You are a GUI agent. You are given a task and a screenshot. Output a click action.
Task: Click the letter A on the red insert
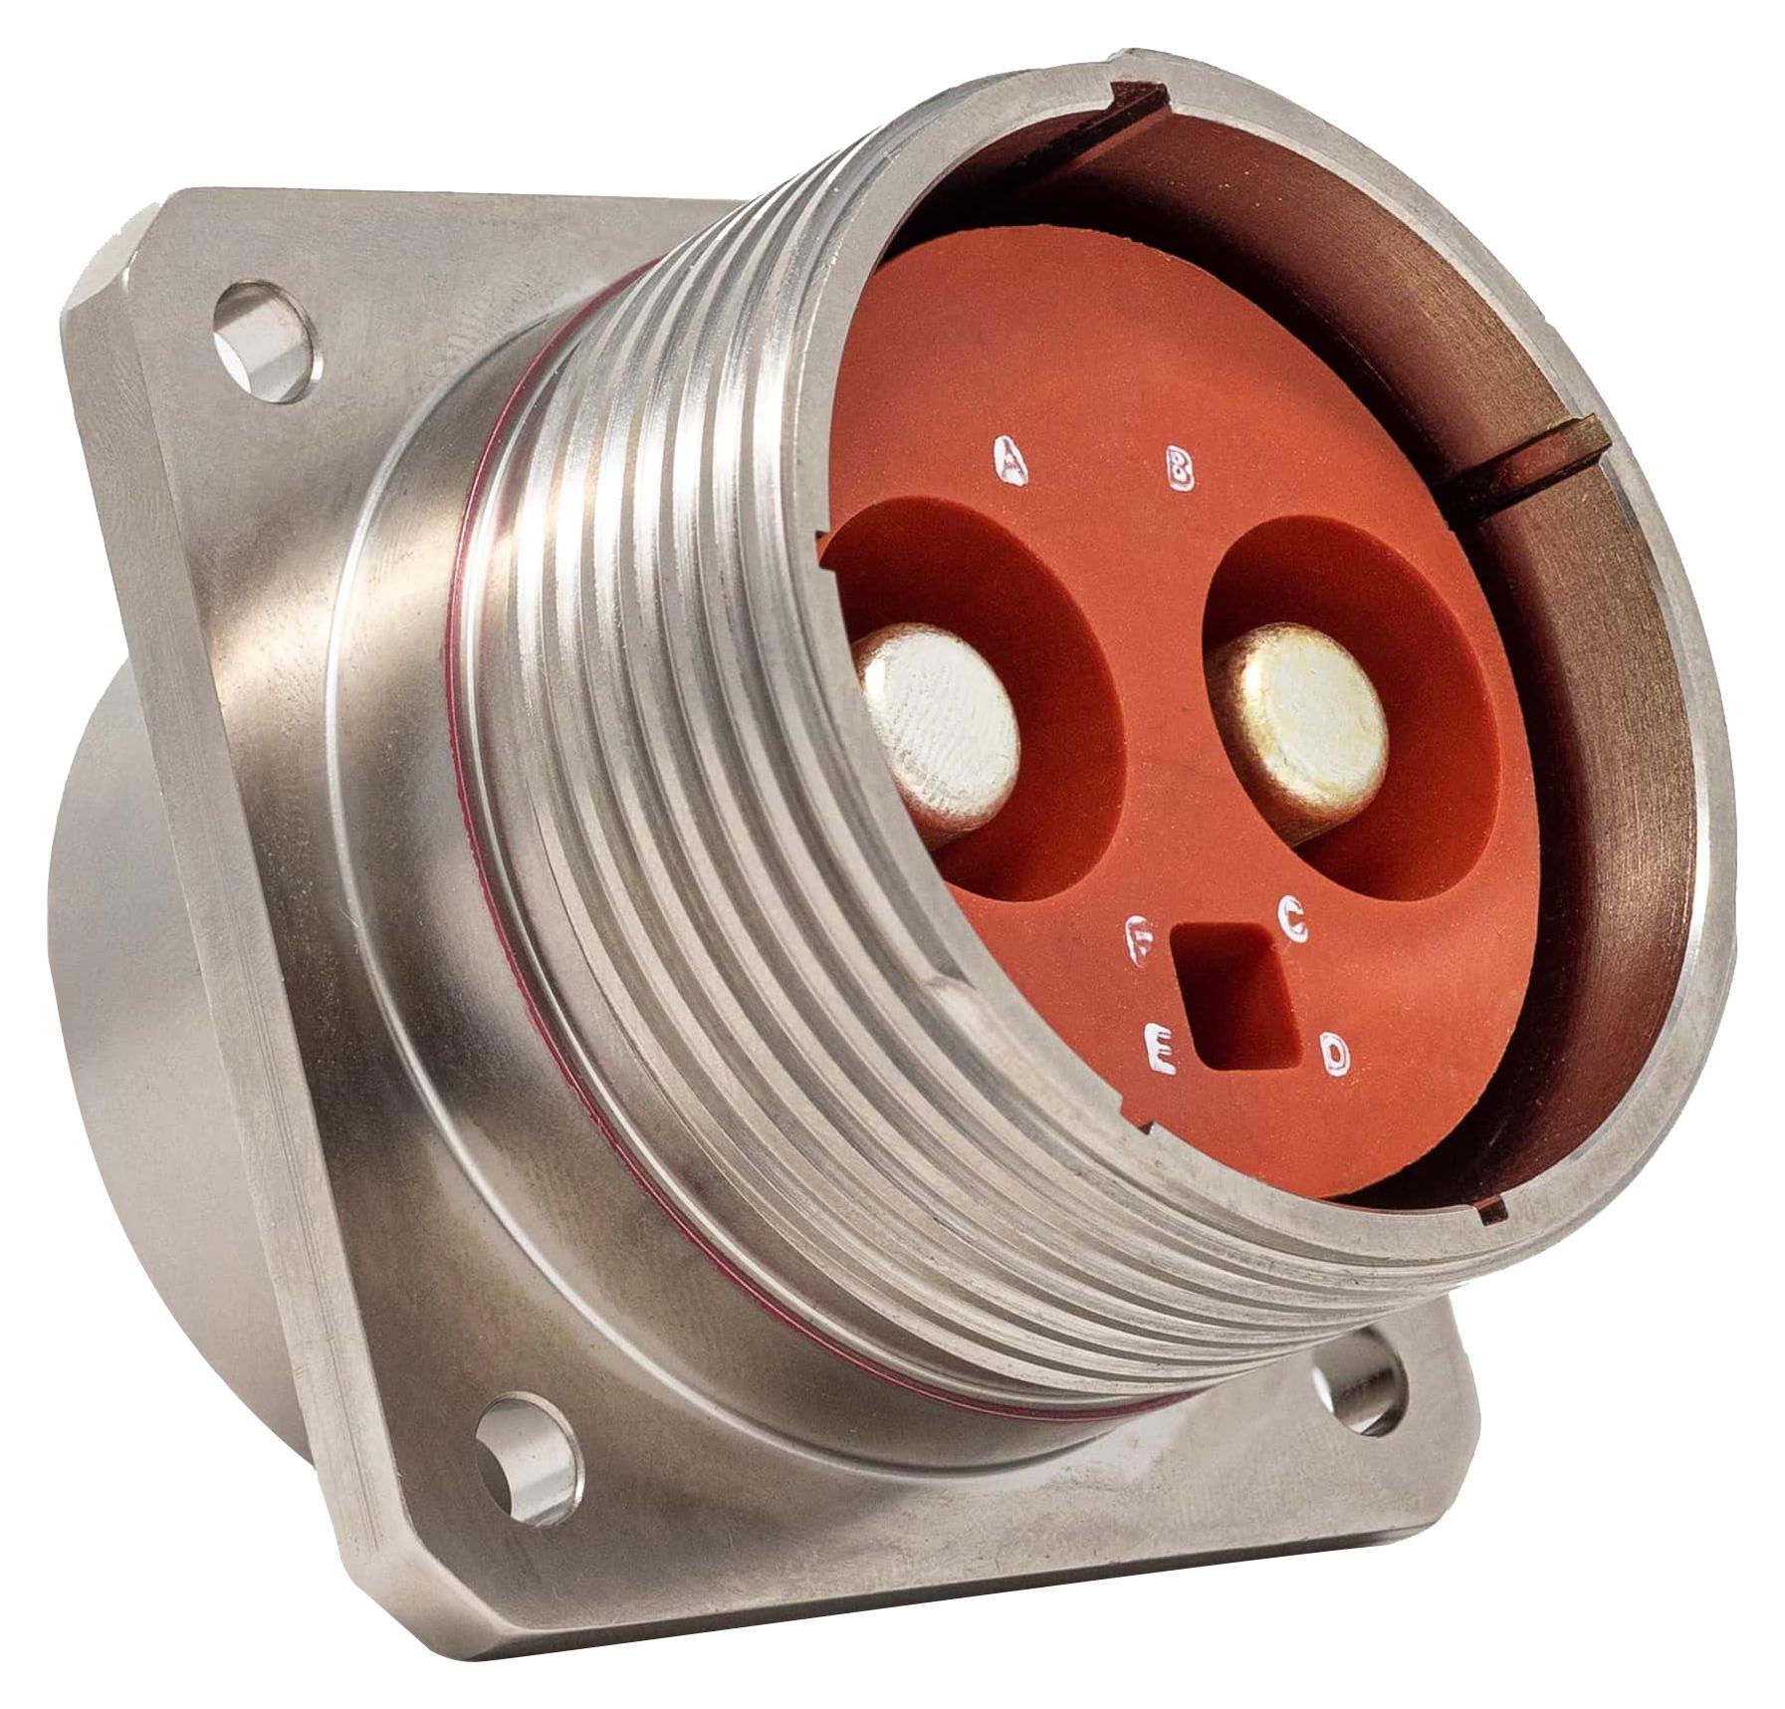coord(1013,459)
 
